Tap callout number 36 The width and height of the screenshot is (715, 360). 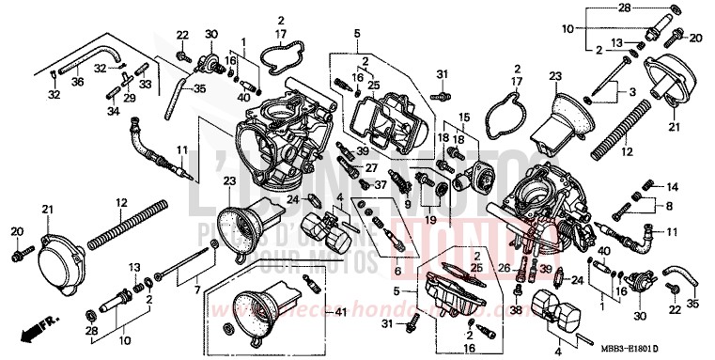tap(78, 82)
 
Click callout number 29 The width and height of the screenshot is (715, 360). tap(129, 98)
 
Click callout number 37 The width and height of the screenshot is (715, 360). tap(381, 185)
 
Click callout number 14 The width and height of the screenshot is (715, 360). tap(673, 187)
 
